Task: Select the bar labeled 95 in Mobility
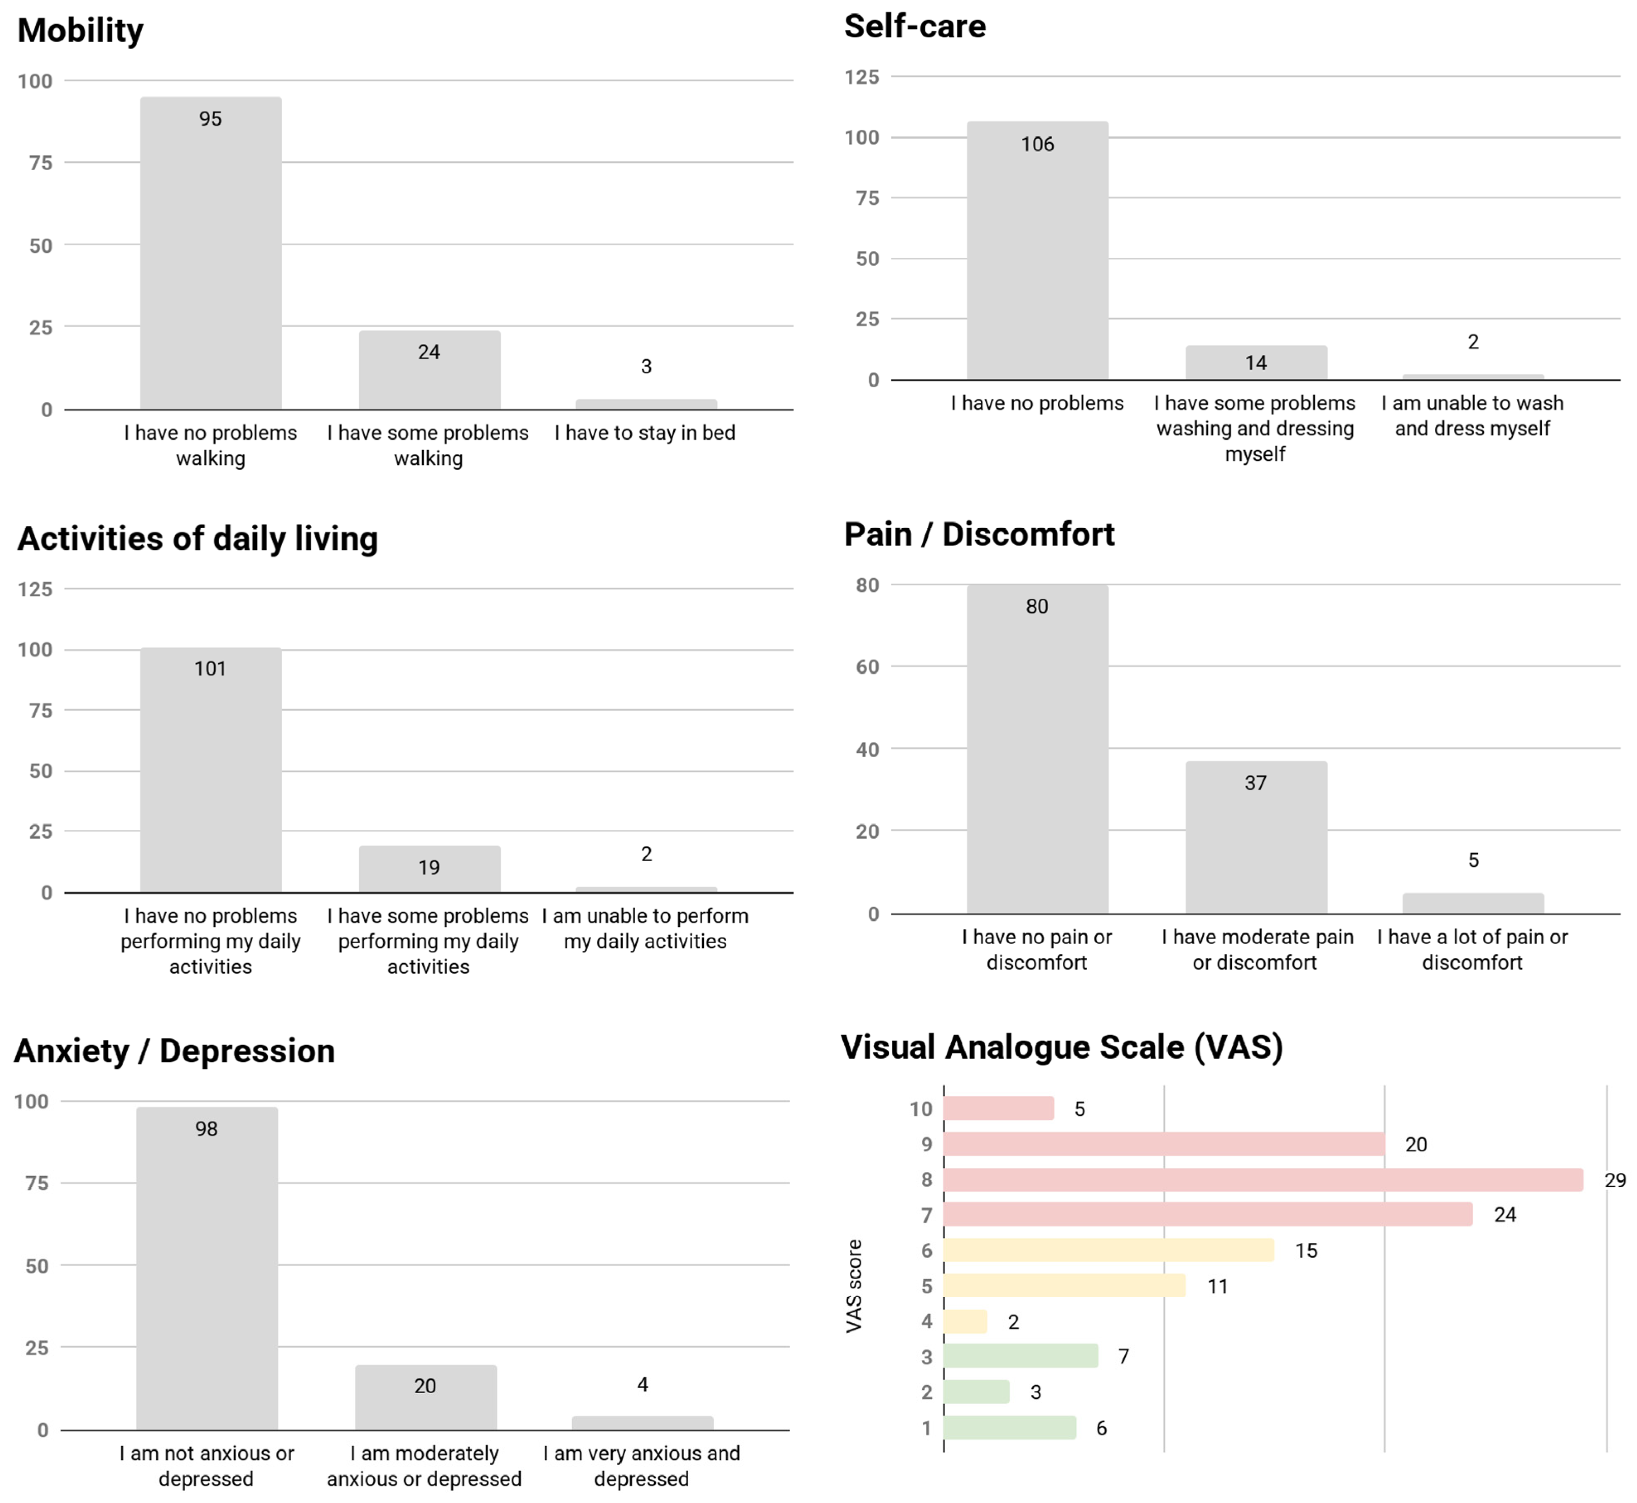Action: pos(210,253)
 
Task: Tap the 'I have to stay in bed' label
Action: pos(645,433)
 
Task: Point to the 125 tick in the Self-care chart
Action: pos(862,77)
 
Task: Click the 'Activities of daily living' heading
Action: pos(198,539)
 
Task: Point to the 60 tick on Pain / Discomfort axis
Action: pos(868,667)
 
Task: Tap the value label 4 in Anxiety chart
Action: pos(643,1384)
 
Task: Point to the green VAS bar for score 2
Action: pos(976,1392)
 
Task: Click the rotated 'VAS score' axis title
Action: pos(853,1286)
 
